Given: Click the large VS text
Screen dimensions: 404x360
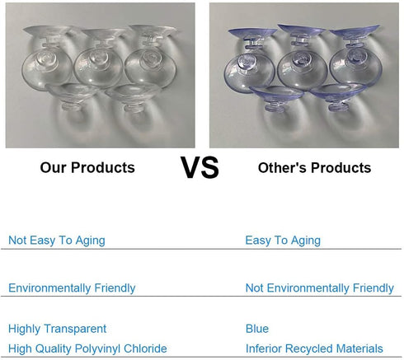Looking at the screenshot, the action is coord(200,167).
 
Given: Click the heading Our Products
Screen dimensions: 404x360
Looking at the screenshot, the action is coord(87,167).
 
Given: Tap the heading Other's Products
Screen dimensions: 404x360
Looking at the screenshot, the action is coord(314,167).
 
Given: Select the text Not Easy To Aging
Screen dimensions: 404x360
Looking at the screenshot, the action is coord(57,241).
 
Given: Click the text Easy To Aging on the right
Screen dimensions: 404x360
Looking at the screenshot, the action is coord(283,241).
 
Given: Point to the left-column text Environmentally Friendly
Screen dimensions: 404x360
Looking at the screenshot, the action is coord(72,288).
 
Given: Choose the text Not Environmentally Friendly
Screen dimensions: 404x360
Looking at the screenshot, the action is coord(320,288).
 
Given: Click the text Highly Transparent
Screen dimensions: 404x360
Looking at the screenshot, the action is coord(57,329).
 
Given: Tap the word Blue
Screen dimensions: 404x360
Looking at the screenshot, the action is coord(257,329).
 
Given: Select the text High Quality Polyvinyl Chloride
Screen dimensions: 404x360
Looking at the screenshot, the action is coord(87,348).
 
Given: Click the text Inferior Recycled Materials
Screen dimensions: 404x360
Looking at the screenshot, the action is coord(314,348).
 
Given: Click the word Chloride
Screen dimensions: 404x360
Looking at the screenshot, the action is coord(145,348).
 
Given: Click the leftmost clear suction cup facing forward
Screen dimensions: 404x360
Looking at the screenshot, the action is coord(47,68).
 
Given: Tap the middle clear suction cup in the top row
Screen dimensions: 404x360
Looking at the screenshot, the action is coord(98,68).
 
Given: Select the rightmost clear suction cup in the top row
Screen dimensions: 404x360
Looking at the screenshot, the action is coord(150,68).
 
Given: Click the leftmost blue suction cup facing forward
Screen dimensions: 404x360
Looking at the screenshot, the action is coord(249,72).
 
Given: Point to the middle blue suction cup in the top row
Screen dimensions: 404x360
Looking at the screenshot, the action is coord(302,68).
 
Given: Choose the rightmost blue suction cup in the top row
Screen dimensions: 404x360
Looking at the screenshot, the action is coord(355,67).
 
